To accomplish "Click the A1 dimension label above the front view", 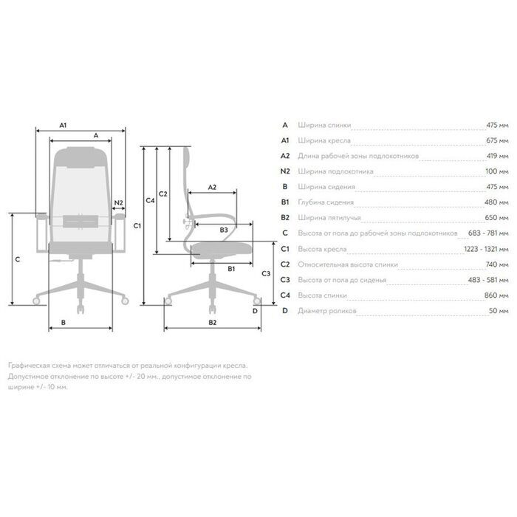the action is click(x=63, y=126).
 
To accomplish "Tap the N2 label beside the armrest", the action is click(x=118, y=203).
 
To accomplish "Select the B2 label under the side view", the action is click(x=213, y=323).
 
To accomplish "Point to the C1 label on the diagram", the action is click(x=137, y=226).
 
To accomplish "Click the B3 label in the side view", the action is click(x=224, y=230).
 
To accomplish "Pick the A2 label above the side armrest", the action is click(x=212, y=188).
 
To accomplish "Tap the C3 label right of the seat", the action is click(x=266, y=273).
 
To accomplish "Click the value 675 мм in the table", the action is click(x=497, y=140).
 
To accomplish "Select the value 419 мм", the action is click(x=498, y=156).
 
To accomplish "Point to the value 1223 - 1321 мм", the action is click(x=486, y=249).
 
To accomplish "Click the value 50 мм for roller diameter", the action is click(x=499, y=311).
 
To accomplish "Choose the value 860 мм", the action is click(x=496, y=295).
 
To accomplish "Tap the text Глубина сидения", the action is click(x=326, y=202).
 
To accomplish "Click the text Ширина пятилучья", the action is click(x=329, y=218).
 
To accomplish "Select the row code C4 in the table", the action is click(x=285, y=295).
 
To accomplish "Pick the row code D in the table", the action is click(x=285, y=311).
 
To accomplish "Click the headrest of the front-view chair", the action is click(x=81, y=157).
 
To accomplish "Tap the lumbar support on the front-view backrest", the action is click(x=81, y=222).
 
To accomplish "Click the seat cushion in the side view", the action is click(x=222, y=250).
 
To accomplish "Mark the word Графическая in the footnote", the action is click(x=29, y=366).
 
